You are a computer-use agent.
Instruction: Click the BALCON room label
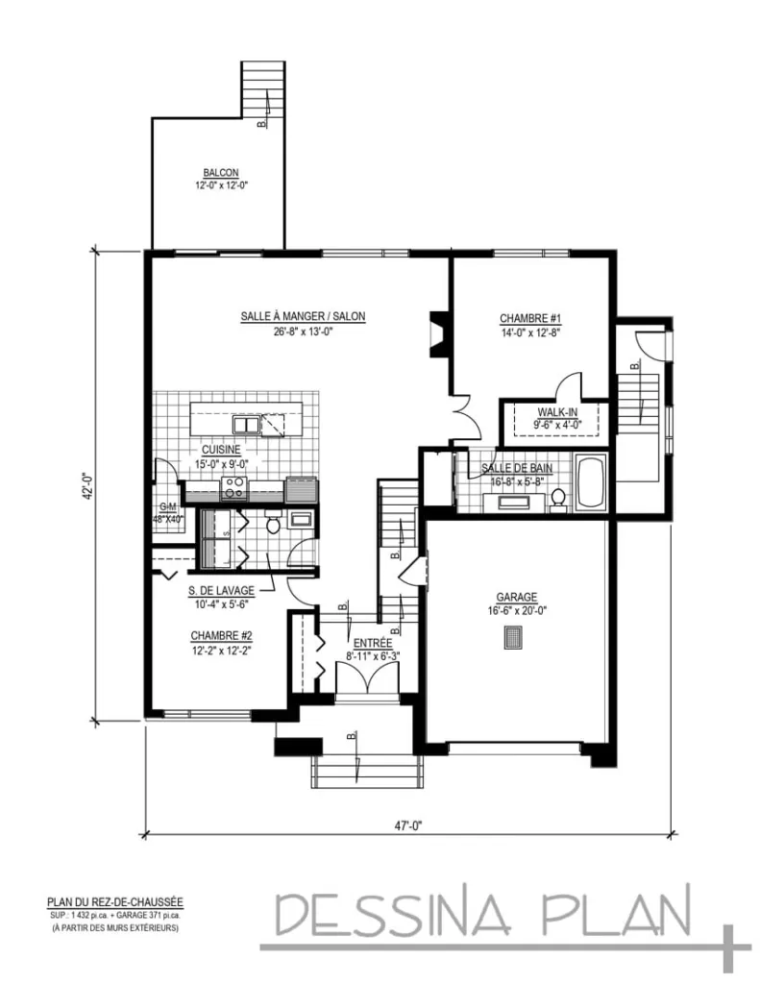(220, 173)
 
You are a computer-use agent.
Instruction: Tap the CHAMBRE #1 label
(529, 318)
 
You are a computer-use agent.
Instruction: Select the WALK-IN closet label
(557, 412)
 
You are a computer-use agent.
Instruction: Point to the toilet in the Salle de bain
(556, 498)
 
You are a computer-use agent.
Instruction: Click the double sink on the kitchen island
(245, 425)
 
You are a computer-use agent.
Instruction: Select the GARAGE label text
(516, 596)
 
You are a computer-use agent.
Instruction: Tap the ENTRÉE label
(371, 643)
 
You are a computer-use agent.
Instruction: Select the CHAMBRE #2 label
(221, 635)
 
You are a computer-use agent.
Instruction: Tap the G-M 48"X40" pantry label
(170, 511)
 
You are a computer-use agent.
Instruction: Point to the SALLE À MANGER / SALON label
(302, 315)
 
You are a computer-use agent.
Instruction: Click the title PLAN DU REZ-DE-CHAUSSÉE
(114, 902)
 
